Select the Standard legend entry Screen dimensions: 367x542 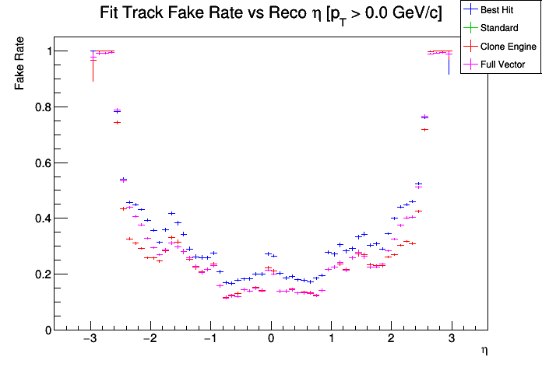coord(499,29)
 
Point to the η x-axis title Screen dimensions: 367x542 coord(484,351)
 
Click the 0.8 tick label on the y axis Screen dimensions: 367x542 coord(37,107)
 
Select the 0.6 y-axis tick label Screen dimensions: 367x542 coord(37,163)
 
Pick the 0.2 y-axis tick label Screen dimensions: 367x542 coord(37,274)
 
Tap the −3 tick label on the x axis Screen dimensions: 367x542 coord(90,340)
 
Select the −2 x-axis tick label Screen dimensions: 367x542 coord(150,340)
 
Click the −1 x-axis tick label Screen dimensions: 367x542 coord(209,340)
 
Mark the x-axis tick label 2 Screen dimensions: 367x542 coord(391,340)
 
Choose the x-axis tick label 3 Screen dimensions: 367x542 coord(451,340)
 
